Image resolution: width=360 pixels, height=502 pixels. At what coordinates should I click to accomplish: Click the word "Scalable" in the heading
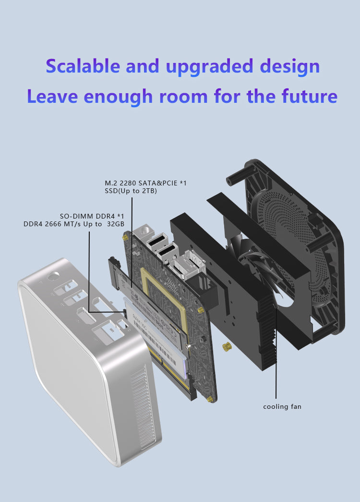point(83,66)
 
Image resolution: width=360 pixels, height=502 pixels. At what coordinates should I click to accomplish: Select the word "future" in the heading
point(310,96)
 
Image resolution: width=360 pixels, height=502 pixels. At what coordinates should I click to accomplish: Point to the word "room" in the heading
point(183,97)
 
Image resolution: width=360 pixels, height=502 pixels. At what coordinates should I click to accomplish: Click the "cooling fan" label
point(282,406)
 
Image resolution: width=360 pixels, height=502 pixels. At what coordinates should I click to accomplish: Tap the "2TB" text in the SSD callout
point(149,191)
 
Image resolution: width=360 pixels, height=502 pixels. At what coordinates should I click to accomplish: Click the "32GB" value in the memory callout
point(116,224)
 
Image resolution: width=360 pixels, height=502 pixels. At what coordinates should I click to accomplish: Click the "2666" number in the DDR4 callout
point(53,224)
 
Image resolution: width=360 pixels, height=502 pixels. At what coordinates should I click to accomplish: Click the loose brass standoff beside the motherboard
point(227,347)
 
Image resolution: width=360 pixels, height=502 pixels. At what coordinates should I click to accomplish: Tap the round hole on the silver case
point(53,276)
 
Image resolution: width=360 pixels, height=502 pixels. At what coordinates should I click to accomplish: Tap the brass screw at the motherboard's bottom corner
point(210,399)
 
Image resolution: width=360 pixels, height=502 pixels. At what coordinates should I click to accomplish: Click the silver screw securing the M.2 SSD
point(189,346)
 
